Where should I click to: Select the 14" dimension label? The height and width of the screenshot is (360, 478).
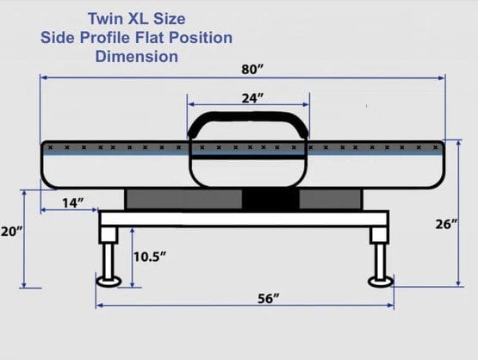pos(72,203)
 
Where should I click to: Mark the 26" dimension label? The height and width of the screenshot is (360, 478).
pos(445,223)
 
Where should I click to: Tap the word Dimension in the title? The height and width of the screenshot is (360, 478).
pos(137,57)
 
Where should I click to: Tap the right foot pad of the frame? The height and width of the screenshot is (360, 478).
pos(381,281)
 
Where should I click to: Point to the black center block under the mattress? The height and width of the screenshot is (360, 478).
pos(270,199)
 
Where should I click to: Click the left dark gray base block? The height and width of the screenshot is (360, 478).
pos(183,199)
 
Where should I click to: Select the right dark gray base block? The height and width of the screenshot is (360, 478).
pos(329,199)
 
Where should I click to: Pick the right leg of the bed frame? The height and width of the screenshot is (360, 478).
pos(380,252)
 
